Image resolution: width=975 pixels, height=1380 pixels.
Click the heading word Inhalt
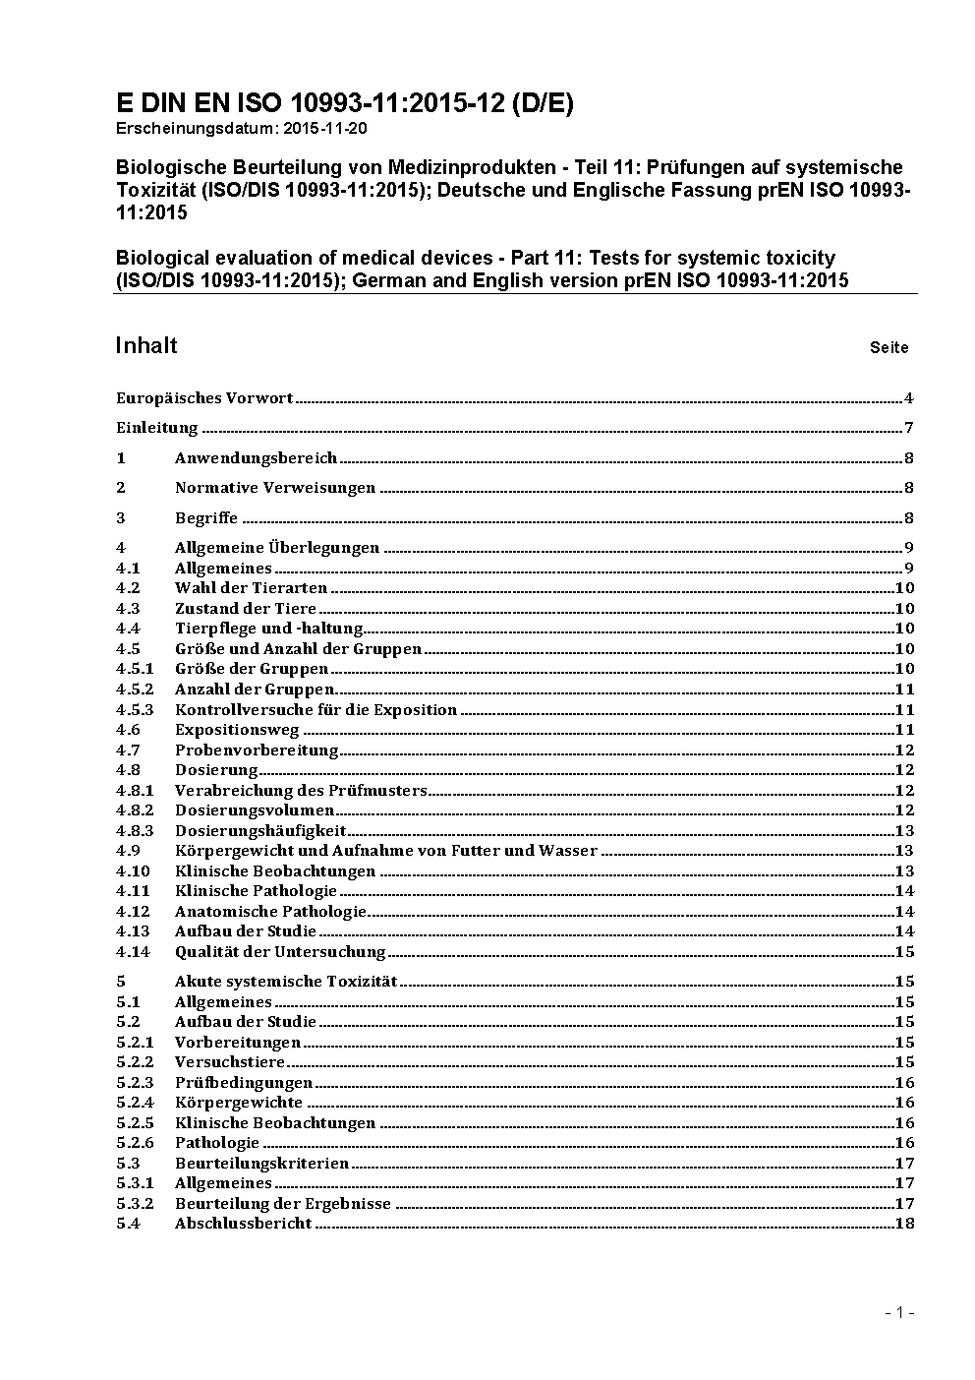146,345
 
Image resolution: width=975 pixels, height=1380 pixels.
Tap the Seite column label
889,347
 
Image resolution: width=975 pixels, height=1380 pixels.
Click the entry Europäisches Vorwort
204,398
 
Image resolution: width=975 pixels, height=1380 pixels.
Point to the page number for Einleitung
909,428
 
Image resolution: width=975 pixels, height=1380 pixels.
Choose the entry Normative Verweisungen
275,488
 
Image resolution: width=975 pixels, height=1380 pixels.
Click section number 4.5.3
135,709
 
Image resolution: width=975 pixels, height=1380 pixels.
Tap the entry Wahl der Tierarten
251,588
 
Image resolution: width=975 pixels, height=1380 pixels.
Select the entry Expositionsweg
237,730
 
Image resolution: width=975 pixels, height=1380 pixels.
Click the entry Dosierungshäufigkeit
260,830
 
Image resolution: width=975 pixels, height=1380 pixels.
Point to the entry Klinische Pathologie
256,891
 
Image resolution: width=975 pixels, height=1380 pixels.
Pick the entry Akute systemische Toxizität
286,981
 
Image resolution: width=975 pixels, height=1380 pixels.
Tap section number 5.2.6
135,1143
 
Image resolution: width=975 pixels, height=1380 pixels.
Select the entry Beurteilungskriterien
261,1163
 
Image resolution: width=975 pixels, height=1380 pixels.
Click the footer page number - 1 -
899,1312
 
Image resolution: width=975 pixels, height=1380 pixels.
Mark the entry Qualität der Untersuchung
280,951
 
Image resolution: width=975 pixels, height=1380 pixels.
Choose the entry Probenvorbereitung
257,750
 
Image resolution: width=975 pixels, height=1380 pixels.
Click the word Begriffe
206,518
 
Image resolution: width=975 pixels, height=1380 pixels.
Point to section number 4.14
133,951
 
